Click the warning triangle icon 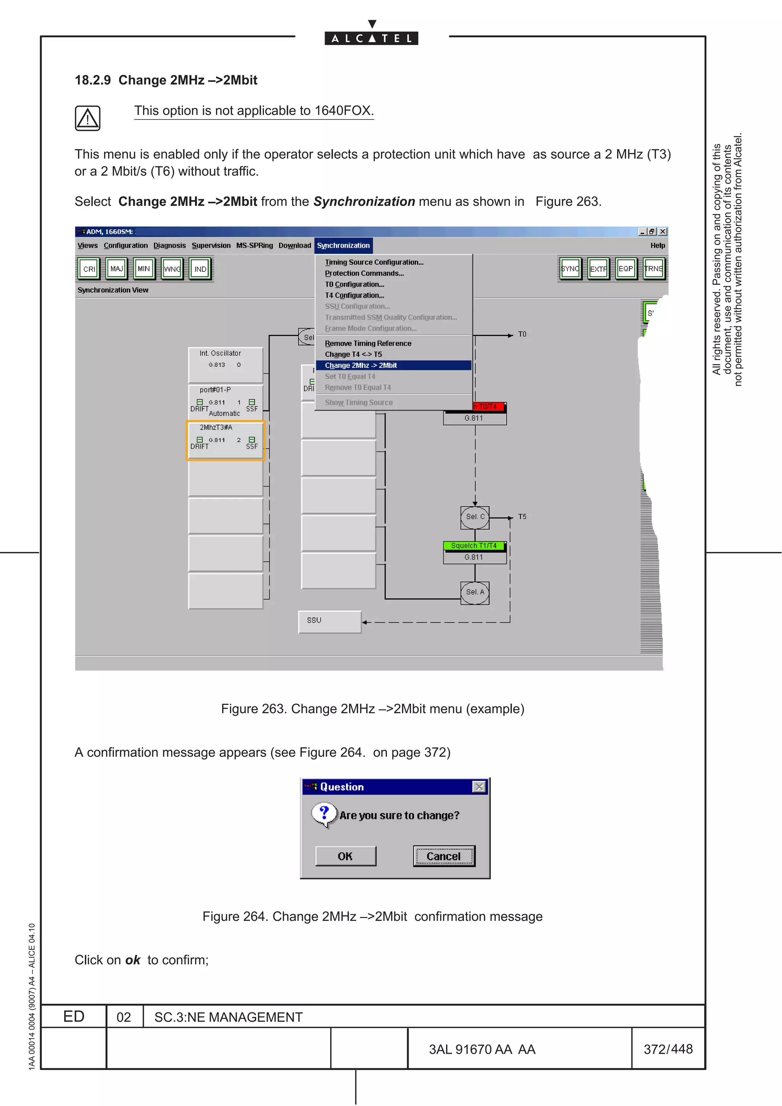(x=88, y=118)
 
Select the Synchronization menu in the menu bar (x=343, y=246)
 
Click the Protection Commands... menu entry (x=364, y=273)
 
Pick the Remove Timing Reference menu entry (x=368, y=343)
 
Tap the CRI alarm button (x=89, y=269)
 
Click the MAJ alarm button (x=116, y=269)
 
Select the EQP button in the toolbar (x=625, y=269)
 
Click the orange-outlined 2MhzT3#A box (x=226, y=440)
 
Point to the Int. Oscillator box (x=226, y=364)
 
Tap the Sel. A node (x=475, y=592)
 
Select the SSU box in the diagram (x=330, y=621)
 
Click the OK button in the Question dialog (x=346, y=856)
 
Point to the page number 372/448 (x=668, y=1049)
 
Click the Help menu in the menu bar (x=657, y=246)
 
